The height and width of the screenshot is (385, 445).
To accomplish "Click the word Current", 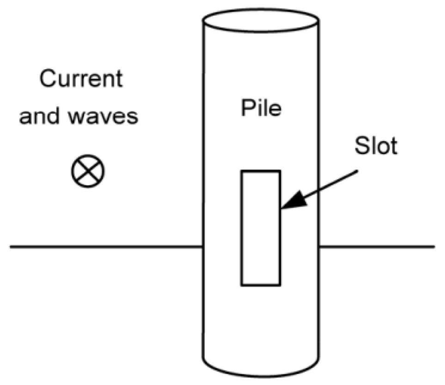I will coord(81,79).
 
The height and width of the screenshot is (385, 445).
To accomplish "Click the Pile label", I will coord(262,109).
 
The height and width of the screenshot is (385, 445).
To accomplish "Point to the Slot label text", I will coord(375,147).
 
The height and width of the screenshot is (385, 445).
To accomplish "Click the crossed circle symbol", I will coord(88,171).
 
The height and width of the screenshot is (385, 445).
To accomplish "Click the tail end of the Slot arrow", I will coord(357,171).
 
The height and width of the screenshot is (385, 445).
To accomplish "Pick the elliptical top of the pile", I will coord(261,20).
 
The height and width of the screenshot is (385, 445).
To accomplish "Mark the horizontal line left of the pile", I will coord(106,247).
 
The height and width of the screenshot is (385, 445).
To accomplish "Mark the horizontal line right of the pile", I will coord(377,247).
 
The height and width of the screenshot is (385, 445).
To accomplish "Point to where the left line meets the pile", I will coord(203,247).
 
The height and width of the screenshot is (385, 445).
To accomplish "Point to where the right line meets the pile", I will coord(319,247).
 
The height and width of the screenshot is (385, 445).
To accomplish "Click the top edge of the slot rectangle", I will coord(260,171).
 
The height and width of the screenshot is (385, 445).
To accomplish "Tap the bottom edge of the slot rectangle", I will coord(260,285).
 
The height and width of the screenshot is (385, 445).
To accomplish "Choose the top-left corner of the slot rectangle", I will coord(241,171).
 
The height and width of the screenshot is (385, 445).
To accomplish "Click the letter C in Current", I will coord(48,79).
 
